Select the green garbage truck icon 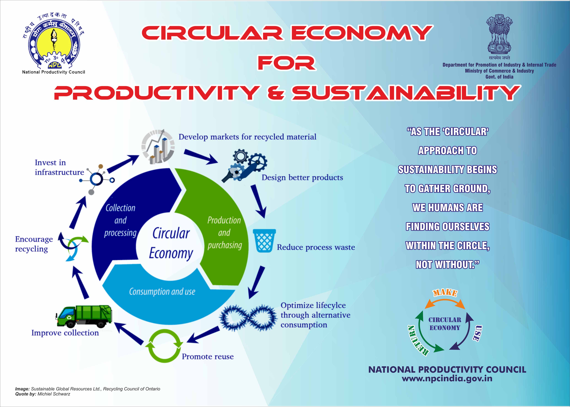pos(84,316)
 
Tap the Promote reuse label pos(208,356)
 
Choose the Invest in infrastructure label pos(59,167)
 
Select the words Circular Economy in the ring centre pos(171,243)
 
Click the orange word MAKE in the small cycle pos(445,293)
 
